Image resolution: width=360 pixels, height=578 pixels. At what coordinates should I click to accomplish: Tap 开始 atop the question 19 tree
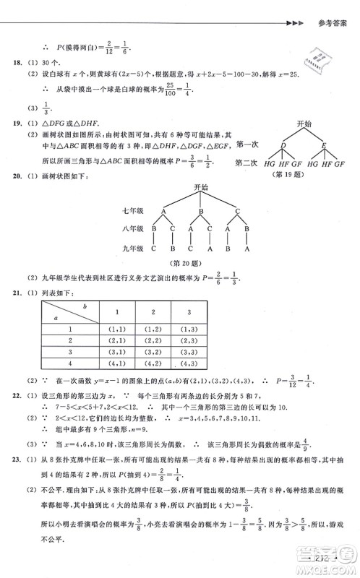(303, 124)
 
